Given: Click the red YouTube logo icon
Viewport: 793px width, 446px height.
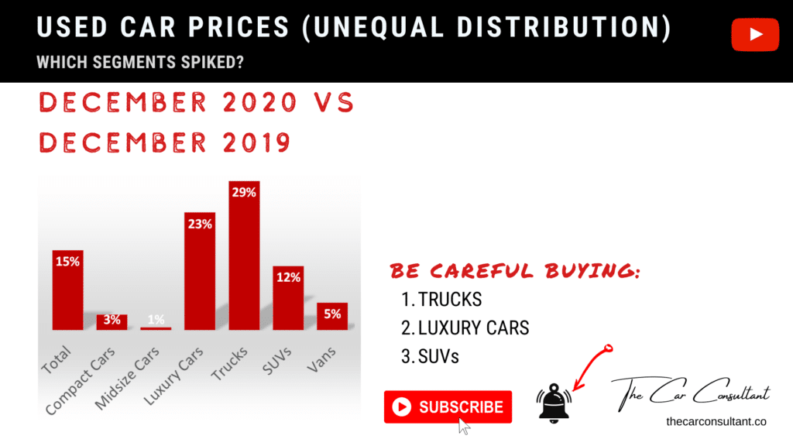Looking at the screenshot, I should pos(755,35).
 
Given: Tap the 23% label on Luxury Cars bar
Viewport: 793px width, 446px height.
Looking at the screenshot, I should pos(199,225).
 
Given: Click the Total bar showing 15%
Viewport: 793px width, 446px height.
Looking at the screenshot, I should pos(67,290).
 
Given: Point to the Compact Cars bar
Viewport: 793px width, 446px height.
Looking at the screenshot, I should pos(112,322).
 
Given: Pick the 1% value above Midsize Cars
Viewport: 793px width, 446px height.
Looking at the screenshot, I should pos(156,319).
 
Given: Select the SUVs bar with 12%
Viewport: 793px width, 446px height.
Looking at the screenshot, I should pos(287,298).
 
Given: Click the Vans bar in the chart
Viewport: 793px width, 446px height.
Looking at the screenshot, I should pos(331,316).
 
